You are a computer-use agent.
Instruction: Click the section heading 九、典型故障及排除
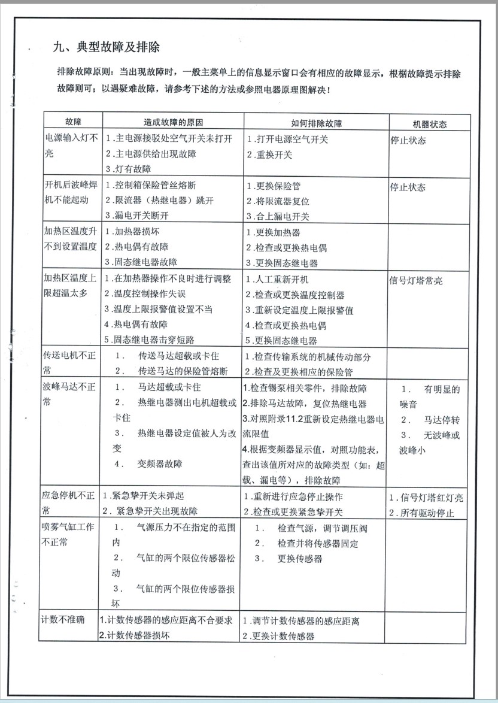point(106,47)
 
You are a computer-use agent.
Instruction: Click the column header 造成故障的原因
point(174,123)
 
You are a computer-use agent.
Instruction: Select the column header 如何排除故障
point(316,123)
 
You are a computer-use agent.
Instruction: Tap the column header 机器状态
point(430,124)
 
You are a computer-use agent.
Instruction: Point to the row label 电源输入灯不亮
point(71,146)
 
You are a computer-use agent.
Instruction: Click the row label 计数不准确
point(63,619)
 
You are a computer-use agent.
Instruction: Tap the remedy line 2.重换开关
point(269,154)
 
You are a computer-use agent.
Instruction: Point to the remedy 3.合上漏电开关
point(278,216)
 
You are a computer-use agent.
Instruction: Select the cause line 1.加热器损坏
point(132,232)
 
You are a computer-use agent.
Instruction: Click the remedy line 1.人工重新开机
point(278,280)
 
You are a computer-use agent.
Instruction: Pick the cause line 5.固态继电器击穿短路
point(149,340)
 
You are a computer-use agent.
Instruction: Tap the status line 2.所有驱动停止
point(421,513)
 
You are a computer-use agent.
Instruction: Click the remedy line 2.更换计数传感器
point(279,636)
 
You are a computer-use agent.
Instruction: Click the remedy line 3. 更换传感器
point(289,558)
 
